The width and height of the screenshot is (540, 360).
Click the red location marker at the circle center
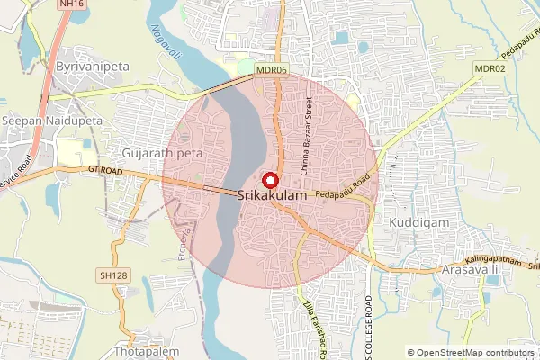(270, 177)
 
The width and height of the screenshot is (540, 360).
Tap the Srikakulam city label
(274, 194)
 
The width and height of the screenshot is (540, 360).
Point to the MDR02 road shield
(490, 68)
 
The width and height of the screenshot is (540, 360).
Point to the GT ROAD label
(105, 168)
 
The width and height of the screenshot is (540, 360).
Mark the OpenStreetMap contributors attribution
(470, 353)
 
